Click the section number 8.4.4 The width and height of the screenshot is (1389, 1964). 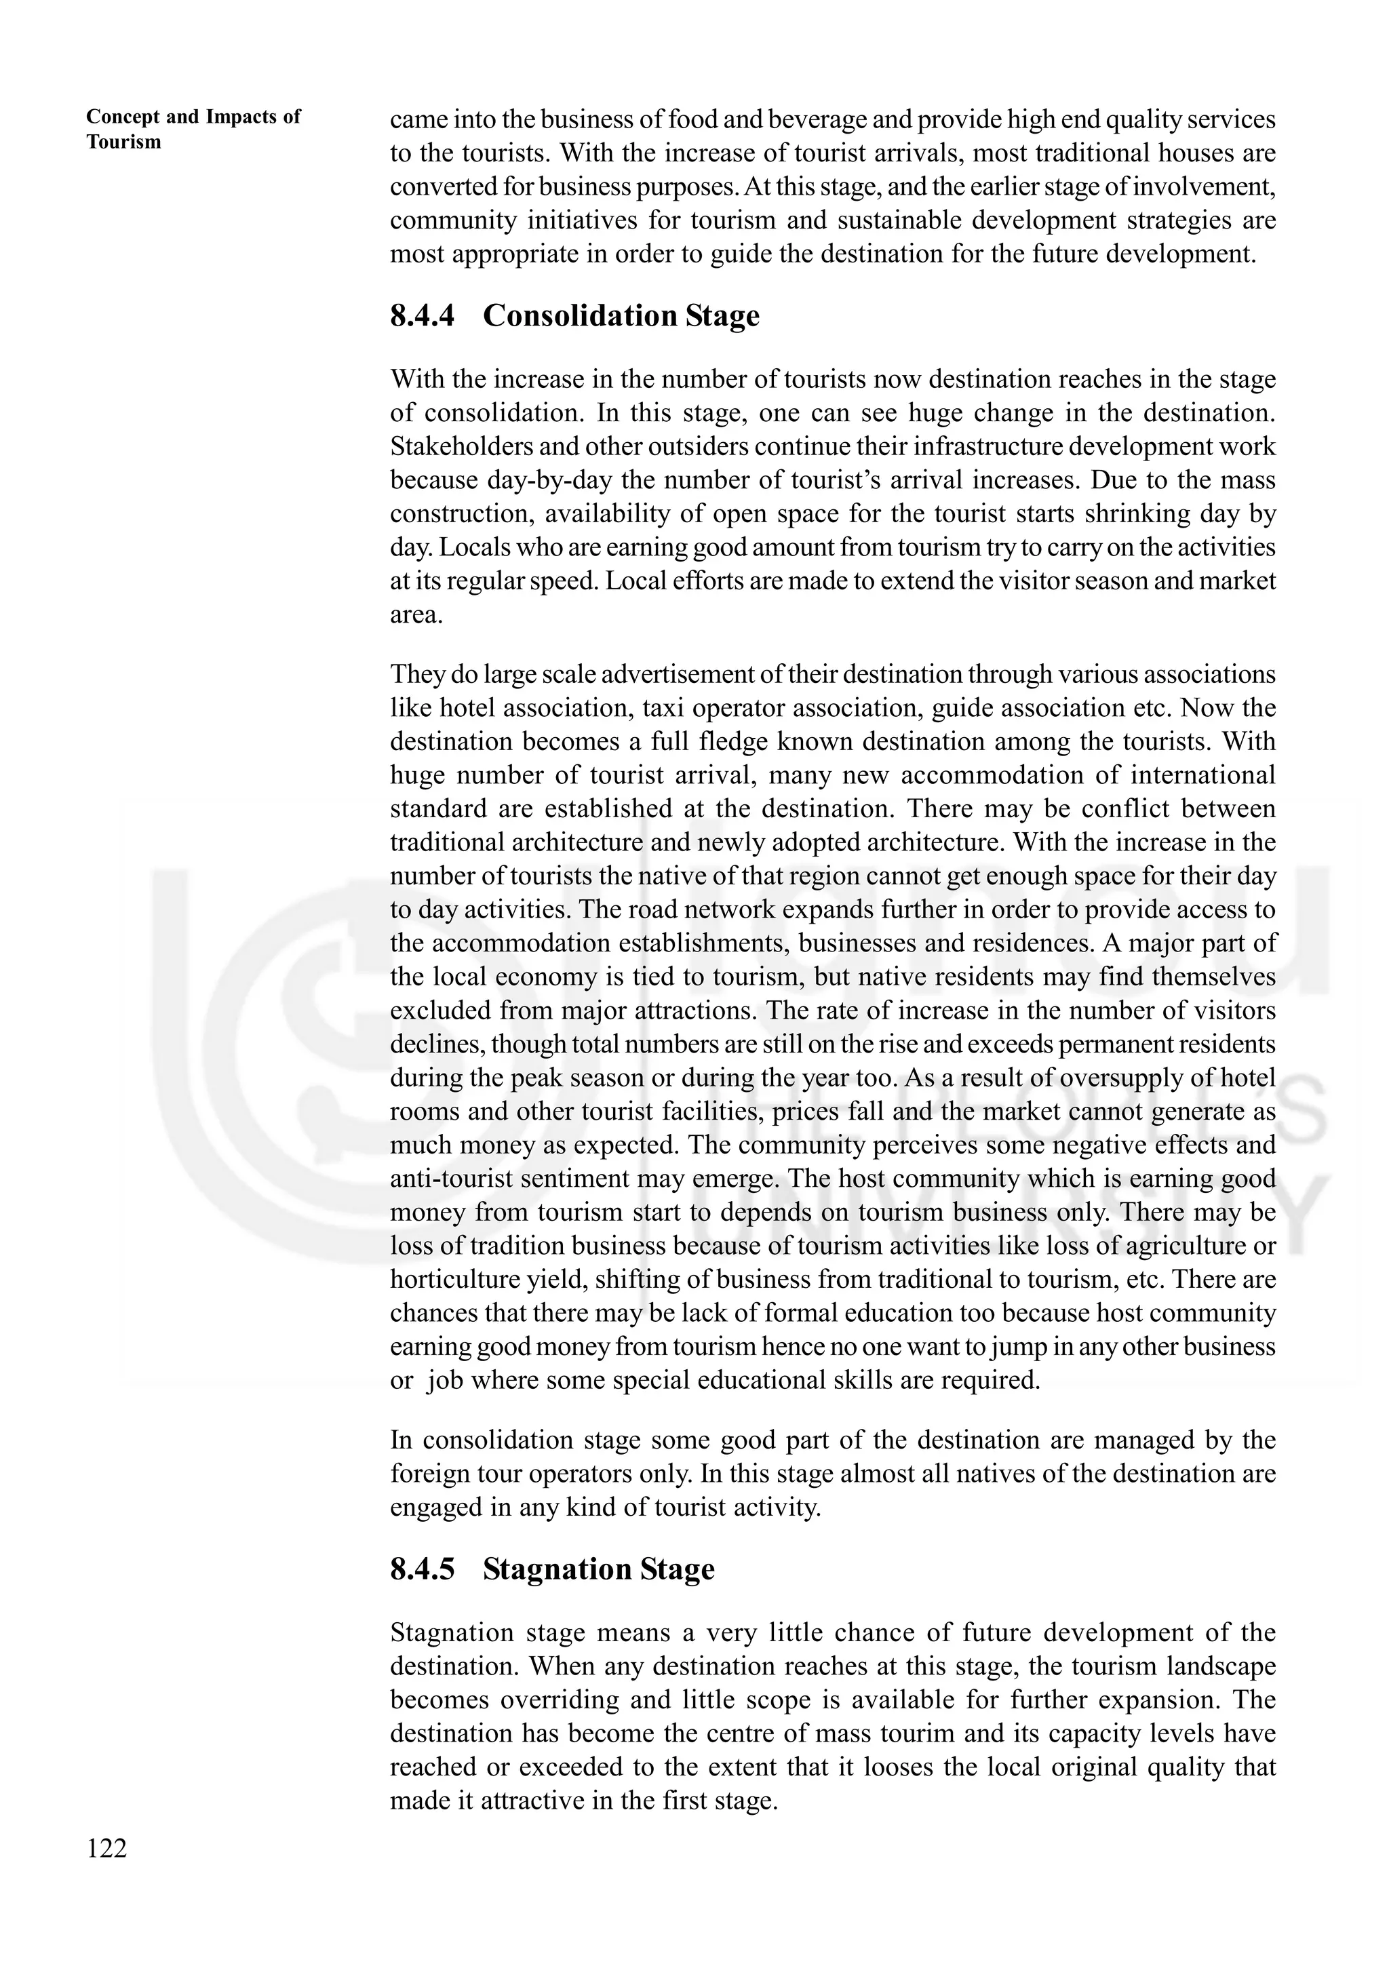coord(423,315)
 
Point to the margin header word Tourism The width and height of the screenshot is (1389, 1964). coord(124,142)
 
